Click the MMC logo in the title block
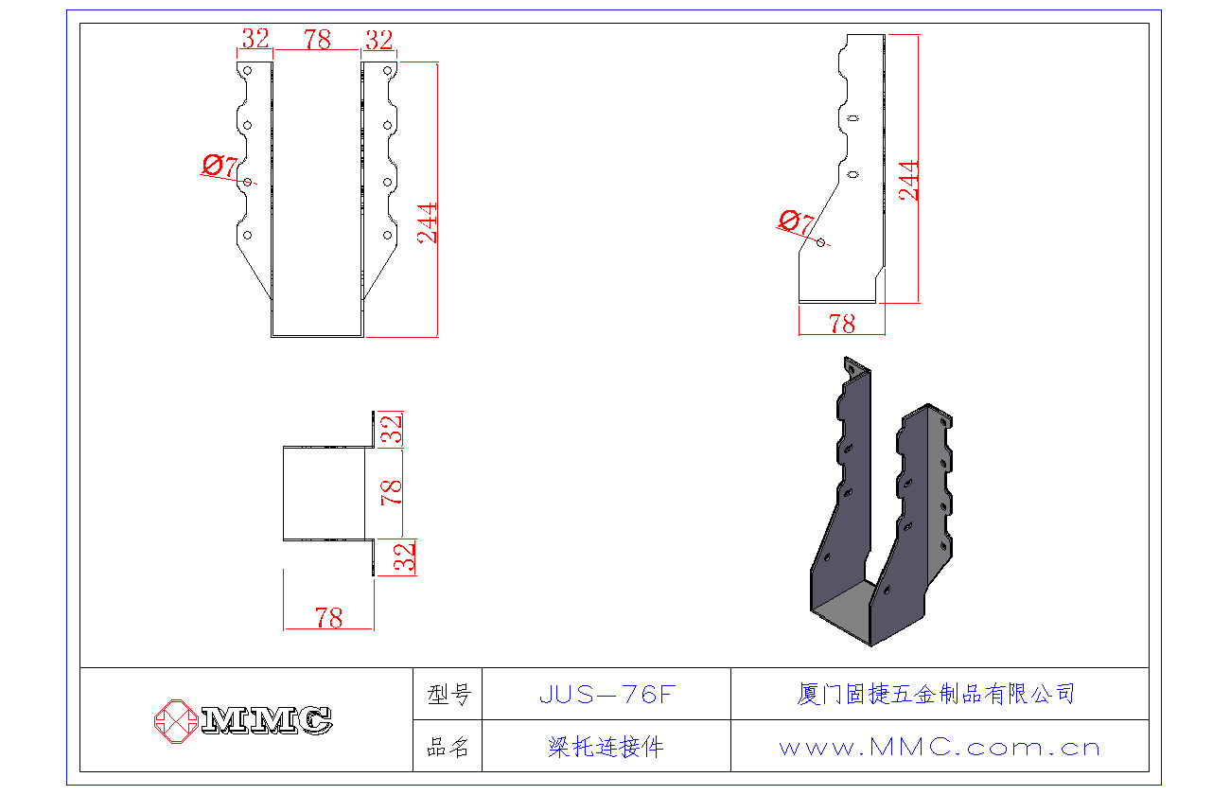[244, 720]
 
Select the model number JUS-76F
[606, 695]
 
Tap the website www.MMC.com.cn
[940, 747]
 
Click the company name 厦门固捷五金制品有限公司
[936, 694]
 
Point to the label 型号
[448, 695]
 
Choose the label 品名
[448, 747]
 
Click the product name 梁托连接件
[606, 747]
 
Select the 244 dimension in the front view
[429, 223]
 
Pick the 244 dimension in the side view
[908, 180]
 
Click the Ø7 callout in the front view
[220, 167]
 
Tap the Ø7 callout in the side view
[796, 223]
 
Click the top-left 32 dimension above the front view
[255, 40]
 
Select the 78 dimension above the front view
[317, 40]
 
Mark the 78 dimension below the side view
[841, 324]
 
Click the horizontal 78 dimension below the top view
[328, 618]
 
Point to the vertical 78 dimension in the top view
[392, 491]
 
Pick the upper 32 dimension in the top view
[393, 430]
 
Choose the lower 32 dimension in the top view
[405, 557]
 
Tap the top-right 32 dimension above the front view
[378, 40]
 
